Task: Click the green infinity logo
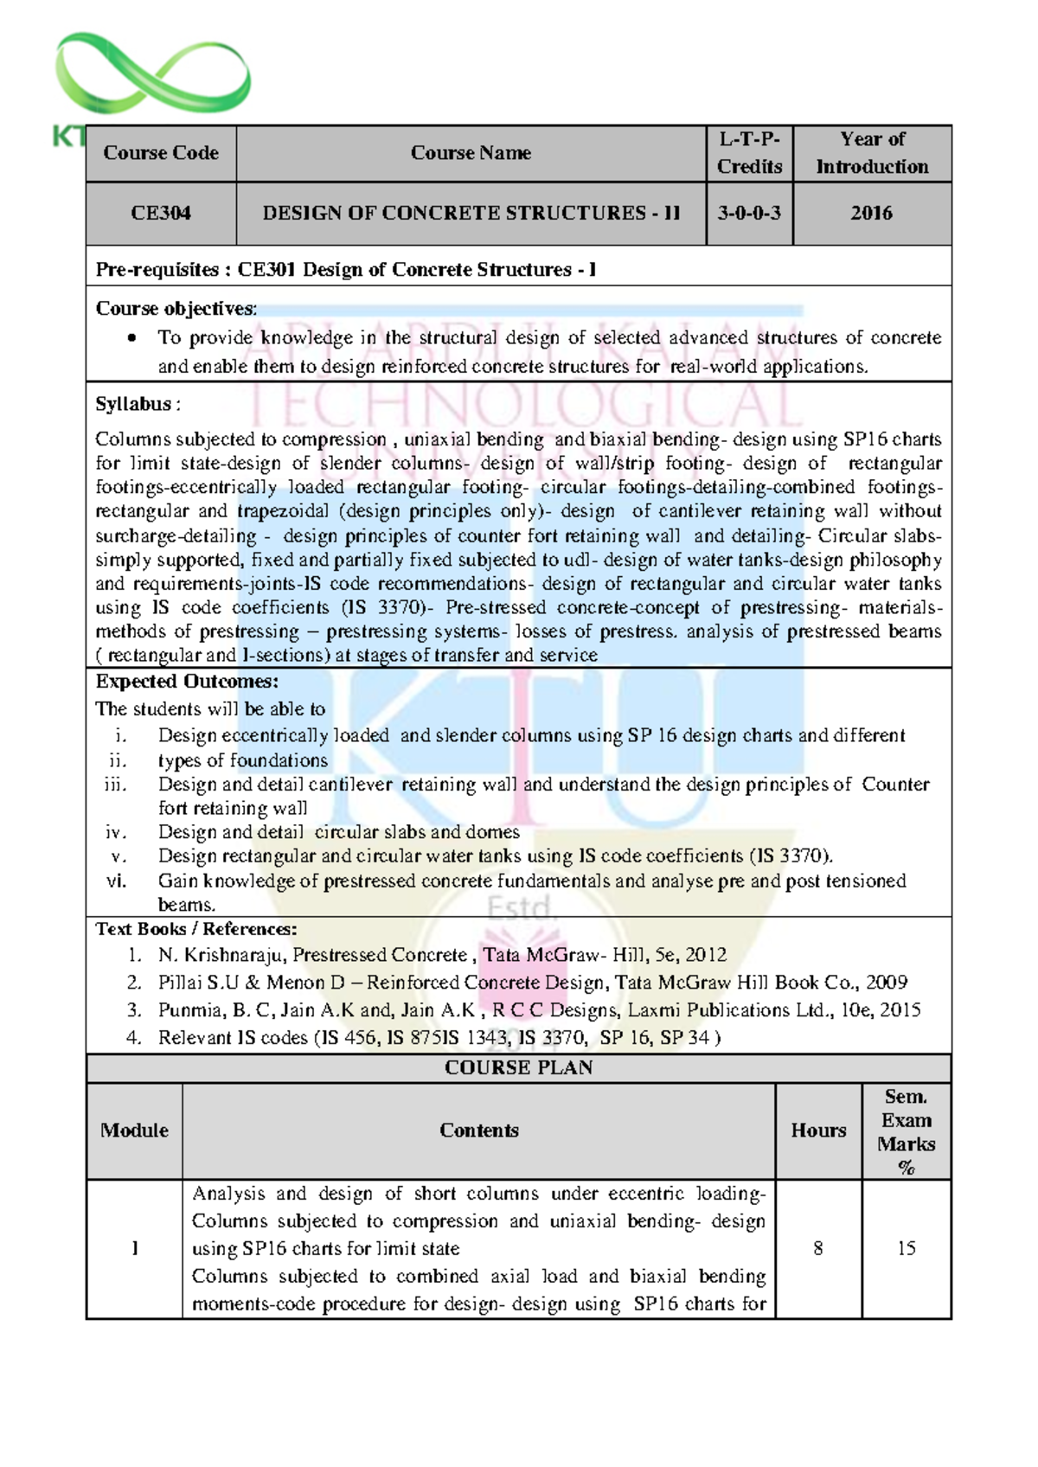click(x=152, y=76)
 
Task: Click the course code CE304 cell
click(x=161, y=213)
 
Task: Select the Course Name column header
click(x=471, y=153)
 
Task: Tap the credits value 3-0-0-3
click(x=749, y=213)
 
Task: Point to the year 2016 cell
click(x=871, y=213)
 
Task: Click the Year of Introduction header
click(x=872, y=153)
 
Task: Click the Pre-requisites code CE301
click(x=267, y=270)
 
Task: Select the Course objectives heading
click(x=176, y=309)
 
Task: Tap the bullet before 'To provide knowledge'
click(x=131, y=338)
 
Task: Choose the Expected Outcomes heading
click(x=187, y=682)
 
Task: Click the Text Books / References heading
click(x=196, y=929)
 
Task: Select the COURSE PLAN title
click(x=518, y=1067)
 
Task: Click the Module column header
click(x=134, y=1131)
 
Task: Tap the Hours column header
click(x=818, y=1131)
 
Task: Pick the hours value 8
click(x=818, y=1248)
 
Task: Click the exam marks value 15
click(x=907, y=1248)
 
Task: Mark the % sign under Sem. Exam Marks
click(x=907, y=1168)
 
